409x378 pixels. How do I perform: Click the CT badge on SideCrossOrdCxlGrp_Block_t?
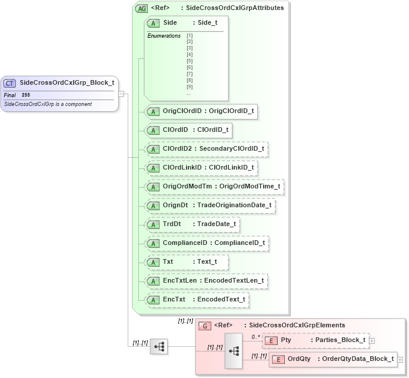tap(10, 83)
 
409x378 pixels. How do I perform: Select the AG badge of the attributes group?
tap(141, 8)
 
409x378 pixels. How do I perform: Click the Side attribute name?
tap(170, 22)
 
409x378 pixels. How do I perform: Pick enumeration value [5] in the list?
tap(189, 61)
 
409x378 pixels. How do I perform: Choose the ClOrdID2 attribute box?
tap(206, 149)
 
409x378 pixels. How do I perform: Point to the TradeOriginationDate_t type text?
tap(234, 205)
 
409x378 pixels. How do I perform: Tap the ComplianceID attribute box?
tap(206, 243)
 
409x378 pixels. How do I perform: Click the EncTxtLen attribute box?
tap(206, 281)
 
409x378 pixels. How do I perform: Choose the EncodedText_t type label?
tap(221, 300)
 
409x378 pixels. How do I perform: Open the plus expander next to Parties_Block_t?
tap(372, 340)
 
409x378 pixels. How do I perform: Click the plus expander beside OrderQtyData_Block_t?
tap(400, 359)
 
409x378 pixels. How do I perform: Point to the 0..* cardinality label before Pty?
tap(255, 337)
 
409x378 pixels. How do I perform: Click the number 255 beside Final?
tap(26, 95)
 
